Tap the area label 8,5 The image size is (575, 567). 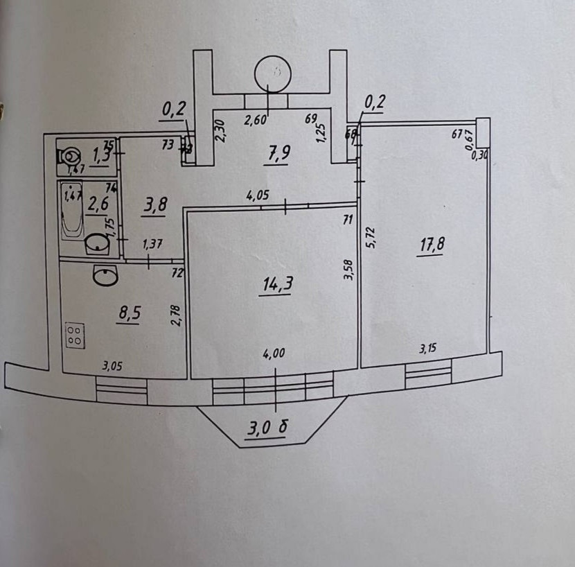[x=130, y=313]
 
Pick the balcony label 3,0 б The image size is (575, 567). [x=267, y=429]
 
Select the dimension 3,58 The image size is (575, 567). [x=348, y=270]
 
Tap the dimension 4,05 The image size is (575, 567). [x=258, y=196]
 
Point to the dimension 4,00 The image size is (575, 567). [x=274, y=352]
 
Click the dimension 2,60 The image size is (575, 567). [x=256, y=119]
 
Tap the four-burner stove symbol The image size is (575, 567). [x=76, y=336]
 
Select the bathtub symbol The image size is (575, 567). [x=72, y=207]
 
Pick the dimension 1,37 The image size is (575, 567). [x=153, y=243]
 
